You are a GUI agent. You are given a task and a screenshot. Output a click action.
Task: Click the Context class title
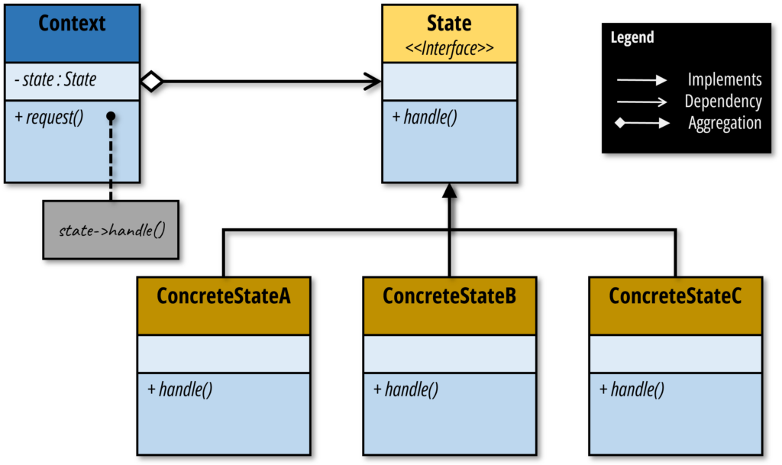tap(72, 24)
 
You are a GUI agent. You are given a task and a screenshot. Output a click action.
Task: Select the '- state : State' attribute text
tap(55, 79)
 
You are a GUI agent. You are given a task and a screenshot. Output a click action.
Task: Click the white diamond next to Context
tap(151, 82)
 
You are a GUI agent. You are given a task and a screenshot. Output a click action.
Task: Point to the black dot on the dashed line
tap(111, 117)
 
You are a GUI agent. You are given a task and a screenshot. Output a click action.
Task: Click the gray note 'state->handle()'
tap(111, 230)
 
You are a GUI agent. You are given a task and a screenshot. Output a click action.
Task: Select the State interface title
tap(449, 23)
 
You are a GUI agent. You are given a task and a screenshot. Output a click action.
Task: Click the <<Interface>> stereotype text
tap(449, 49)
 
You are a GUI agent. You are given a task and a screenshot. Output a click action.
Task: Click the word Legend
tap(632, 37)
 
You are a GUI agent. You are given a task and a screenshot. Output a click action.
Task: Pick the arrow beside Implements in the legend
tap(641, 79)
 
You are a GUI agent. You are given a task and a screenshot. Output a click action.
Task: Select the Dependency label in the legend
tap(722, 102)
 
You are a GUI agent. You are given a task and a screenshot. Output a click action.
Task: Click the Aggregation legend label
tap(724, 123)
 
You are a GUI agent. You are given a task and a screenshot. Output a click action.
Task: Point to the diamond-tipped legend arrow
tap(641, 123)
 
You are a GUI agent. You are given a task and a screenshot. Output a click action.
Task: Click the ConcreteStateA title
tap(223, 296)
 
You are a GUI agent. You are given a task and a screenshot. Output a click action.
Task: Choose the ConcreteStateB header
tap(449, 296)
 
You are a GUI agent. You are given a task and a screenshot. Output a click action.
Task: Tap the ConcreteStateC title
tap(675, 296)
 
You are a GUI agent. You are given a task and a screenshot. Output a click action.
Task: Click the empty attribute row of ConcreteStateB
tap(449, 354)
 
